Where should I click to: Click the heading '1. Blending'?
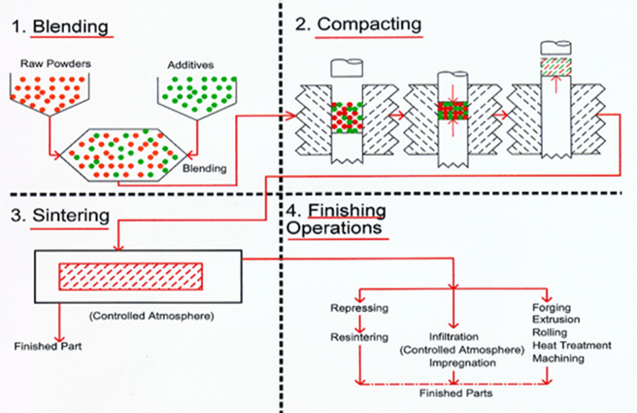tap(61, 27)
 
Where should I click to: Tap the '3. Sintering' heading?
tap(60, 216)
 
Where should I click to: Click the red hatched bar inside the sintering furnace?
tap(131, 276)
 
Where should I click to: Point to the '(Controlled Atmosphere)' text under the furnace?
tap(151, 316)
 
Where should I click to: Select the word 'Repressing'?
tap(359, 308)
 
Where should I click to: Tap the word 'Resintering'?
tap(359, 337)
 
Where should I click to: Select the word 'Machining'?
tap(558, 358)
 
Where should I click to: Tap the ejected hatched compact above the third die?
tap(556, 67)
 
